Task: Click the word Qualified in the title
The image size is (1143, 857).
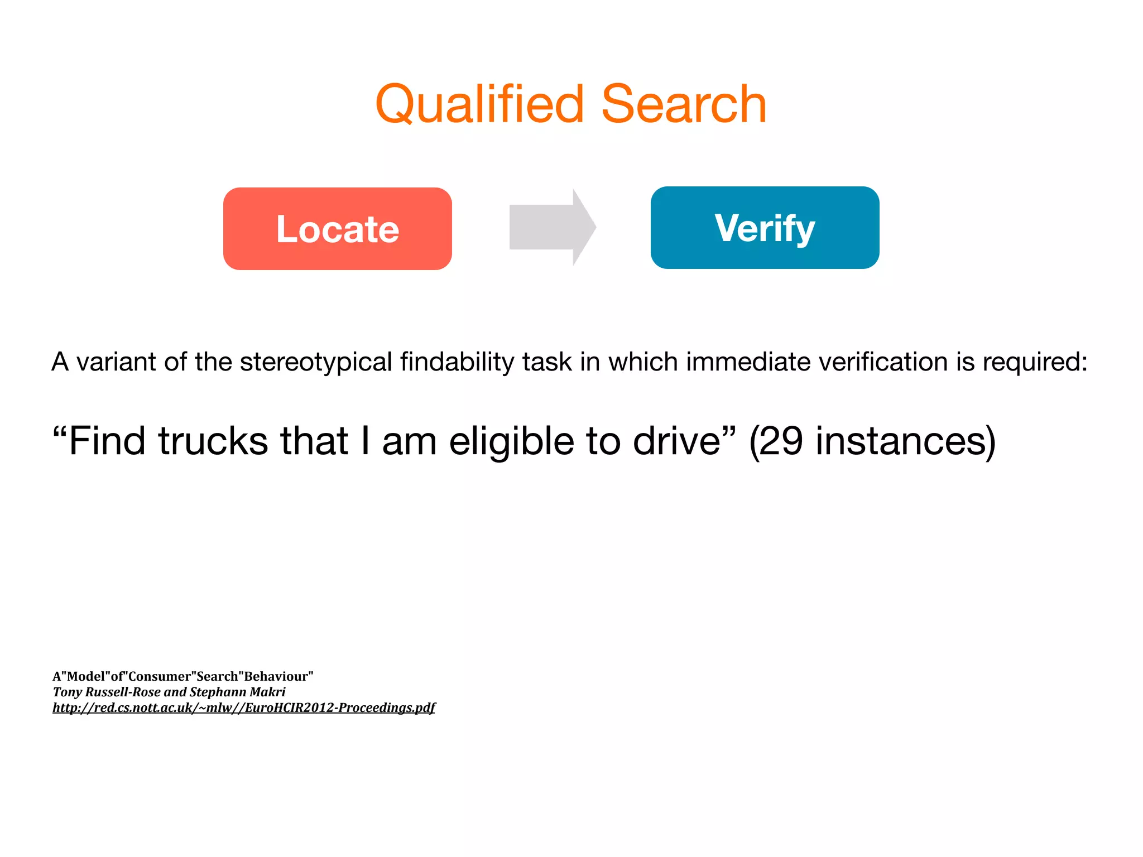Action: pos(480,104)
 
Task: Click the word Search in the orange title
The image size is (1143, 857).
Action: pos(684,104)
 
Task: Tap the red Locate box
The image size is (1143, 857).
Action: pos(337,229)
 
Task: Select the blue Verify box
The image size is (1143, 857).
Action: pos(765,228)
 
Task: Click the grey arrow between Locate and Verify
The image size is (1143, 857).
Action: pos(552,227)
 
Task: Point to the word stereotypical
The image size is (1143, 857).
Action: pos(316,362)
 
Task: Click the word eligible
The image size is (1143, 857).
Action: pos(511,441)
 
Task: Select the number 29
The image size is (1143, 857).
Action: pos(781,441)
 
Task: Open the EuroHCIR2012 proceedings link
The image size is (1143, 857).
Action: pos(244,707)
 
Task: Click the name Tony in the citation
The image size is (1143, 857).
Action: pos(67,692)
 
